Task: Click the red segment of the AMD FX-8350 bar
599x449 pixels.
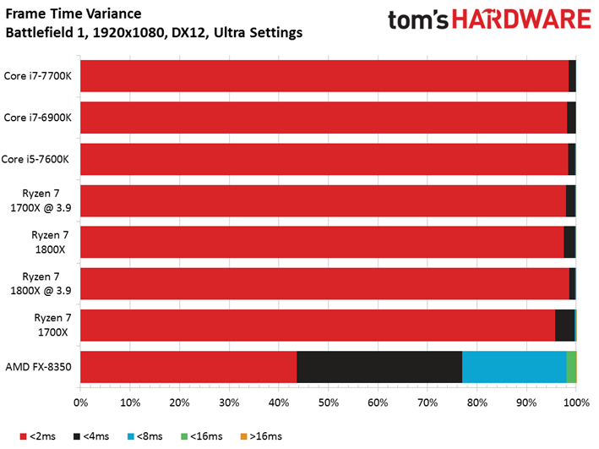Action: (188, 367)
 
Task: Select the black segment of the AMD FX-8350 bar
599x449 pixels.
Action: (379, 367)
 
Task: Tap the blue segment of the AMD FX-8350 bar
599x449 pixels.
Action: (515, 367)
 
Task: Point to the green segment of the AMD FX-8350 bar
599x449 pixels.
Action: (571, 367)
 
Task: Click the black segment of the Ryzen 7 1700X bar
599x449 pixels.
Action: (564, 325)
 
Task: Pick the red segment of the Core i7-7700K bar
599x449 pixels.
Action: (324, 76)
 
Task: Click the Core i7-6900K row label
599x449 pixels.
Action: (37, 118)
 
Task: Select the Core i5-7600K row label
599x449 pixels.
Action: (35, 159)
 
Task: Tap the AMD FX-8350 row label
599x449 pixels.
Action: (38, 367)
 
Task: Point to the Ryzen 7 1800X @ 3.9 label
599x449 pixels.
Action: (41, 283)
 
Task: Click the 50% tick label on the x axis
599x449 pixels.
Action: (329, 402)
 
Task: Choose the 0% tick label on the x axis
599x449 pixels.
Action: (80, 402)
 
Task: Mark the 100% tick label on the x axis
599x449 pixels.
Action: (576, 402)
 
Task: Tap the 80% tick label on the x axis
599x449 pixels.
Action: (477, 402)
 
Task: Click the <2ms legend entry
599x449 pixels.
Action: (38, 436)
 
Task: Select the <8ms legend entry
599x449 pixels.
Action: (144, 436)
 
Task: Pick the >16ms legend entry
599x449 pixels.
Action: (261, 436)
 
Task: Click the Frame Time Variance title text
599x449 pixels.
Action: (74, 14)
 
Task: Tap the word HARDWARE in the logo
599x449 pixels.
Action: (521, 19)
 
